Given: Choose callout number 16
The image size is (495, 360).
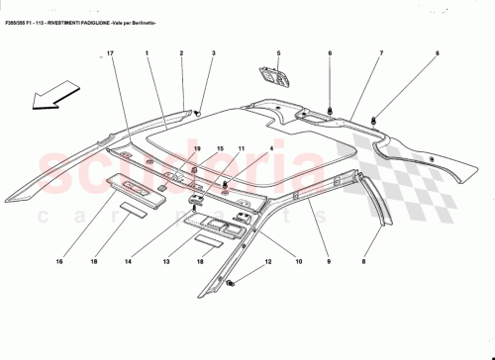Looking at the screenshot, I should click(59, 262).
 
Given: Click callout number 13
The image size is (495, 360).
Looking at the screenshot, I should click(167, 262).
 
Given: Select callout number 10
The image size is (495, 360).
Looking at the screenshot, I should click(298, 262).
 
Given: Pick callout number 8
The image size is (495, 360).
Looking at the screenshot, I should click(363, 262).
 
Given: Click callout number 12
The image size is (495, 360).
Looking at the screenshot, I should click(266, 262).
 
